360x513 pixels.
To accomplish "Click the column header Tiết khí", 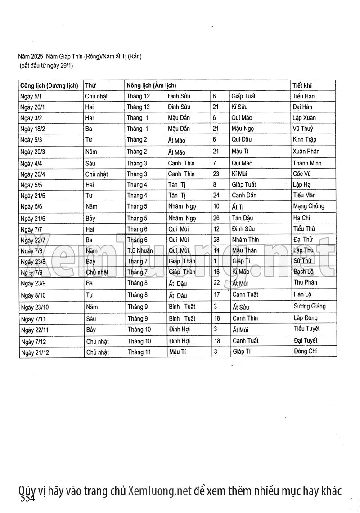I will pos(302,85).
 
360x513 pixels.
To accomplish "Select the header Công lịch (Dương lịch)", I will pos(49,85).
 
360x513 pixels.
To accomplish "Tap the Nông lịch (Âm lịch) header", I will pos(151,85).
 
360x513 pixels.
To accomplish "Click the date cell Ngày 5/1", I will pos(31,96).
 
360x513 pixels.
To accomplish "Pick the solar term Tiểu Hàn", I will pos(303,96).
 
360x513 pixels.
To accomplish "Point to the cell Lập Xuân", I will pos(304,118).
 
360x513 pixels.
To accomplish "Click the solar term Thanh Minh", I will pos(307,163).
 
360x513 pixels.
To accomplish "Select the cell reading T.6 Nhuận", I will pos(140,250).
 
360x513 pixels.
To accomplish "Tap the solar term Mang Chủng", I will pos(308,206).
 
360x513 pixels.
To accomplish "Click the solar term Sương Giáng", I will pos(309,307).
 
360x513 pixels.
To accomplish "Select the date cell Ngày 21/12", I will pos(35,352).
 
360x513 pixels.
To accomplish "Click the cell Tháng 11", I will pos(139,352).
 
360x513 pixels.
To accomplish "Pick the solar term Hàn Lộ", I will pos(302,295).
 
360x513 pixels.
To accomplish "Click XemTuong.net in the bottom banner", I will pos(160,491).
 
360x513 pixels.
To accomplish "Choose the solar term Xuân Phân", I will pos(306,152).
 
